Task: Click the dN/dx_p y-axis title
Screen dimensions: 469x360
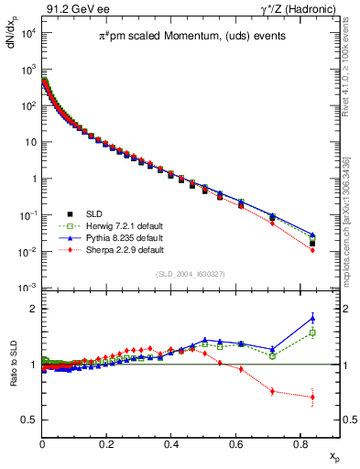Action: click(x=13, y=40)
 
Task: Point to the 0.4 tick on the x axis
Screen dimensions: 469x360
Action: click(x=171, y=442)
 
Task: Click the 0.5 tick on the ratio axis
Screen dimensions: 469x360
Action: click(x=30, y=420)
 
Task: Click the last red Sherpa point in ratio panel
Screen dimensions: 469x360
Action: click(x=312, y=397)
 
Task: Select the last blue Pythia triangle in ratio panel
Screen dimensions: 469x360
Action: click(x=312, y=318)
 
